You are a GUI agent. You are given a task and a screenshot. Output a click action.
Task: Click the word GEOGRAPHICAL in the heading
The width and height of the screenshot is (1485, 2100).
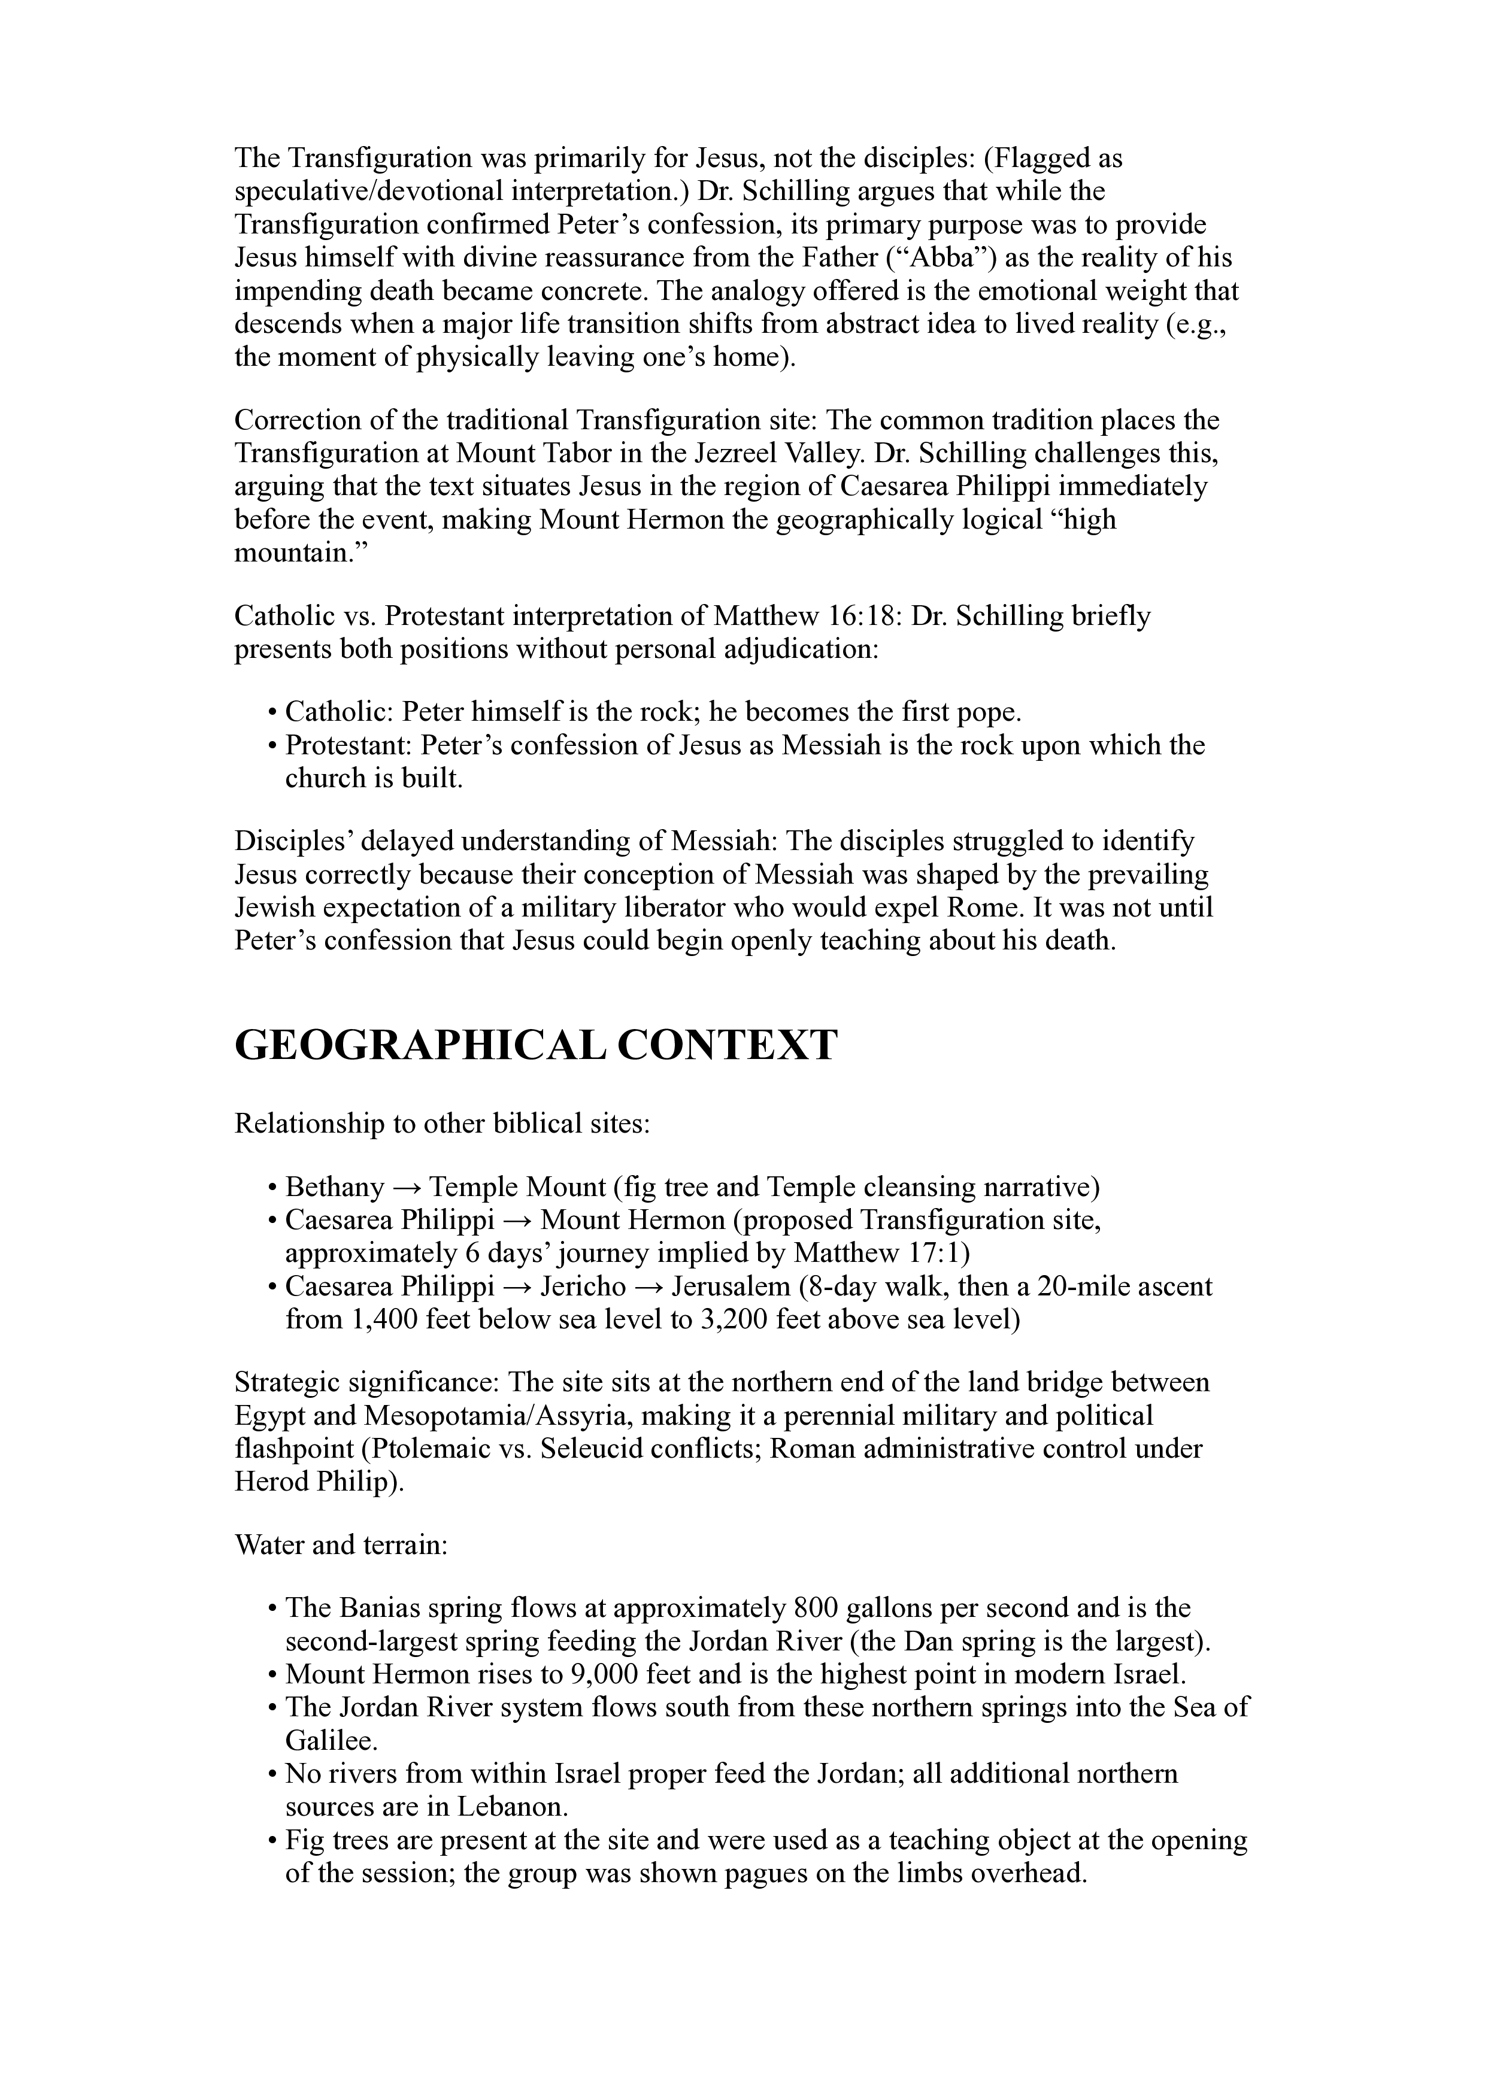click(x=419, y=1045)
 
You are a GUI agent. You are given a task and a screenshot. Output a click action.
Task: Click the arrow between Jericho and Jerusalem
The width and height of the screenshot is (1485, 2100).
click(x=648, y=1286)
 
